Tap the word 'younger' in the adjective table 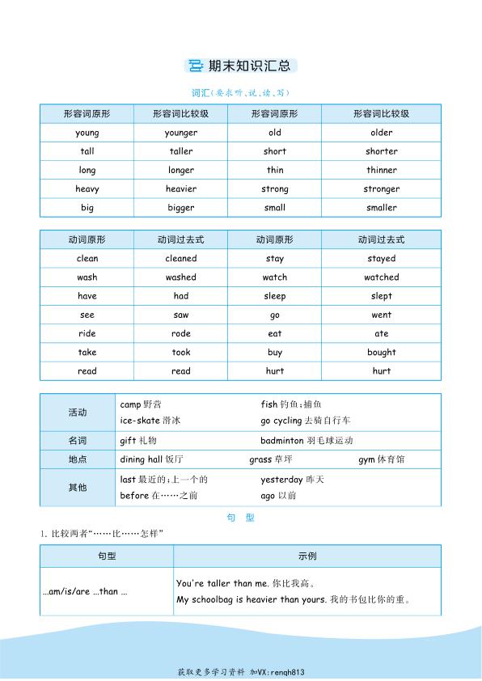pos(181,133)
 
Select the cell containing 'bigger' pos(181,208)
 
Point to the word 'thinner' pos(382,171)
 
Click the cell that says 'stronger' pos(382,189)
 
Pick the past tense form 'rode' pos(181,334)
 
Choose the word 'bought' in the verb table pos(382,353)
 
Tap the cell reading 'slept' pos(382,296)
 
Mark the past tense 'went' pos(382,315)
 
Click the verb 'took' pos(181,353)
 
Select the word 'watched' pos(382,277)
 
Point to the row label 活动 pos(78,412)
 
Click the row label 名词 pos(78,441)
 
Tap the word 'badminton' pos(282,441)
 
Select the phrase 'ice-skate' pos(139,421)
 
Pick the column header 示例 pos(307,556)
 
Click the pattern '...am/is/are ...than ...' pos(85,592)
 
